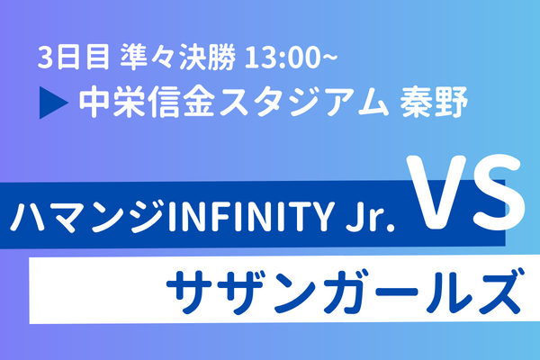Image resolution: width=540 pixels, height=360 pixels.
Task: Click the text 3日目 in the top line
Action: point(74,57)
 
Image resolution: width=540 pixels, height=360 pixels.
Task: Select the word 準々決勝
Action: point(178,57)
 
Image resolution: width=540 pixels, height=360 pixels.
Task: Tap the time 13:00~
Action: point(291,58)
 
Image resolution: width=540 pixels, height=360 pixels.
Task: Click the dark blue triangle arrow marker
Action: point(54,103)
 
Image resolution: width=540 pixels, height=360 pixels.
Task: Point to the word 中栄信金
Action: point(148,102)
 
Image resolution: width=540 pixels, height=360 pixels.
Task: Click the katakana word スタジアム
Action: point(303,103)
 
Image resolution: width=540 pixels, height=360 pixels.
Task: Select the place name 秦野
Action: point(434,102)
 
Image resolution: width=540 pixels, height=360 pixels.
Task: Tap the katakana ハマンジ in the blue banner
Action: point(87,218)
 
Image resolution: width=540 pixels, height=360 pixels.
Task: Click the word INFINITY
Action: point(250,218)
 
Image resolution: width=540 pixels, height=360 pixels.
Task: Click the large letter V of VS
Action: point(436,193)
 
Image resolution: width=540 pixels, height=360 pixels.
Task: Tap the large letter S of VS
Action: point(499,193)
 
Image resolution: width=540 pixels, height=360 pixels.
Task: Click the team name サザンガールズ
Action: point(345,292)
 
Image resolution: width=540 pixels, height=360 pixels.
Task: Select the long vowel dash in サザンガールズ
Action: point(397,292)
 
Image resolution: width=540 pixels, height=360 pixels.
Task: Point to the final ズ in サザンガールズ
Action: point(496,292)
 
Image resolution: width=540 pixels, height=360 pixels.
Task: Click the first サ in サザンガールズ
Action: point(189,292)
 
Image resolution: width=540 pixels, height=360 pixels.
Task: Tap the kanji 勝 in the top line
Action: point(221,57)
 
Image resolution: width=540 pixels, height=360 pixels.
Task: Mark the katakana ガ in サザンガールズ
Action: point(346,292)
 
